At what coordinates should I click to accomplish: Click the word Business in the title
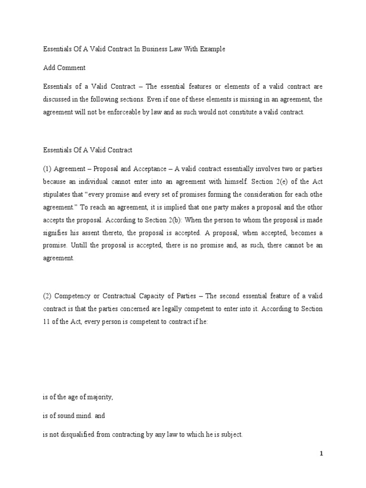150,49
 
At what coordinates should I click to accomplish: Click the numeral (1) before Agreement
47,168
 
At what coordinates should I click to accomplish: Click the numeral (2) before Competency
47,296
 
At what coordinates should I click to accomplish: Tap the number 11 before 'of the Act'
46,321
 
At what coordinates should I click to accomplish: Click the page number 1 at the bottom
322,454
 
